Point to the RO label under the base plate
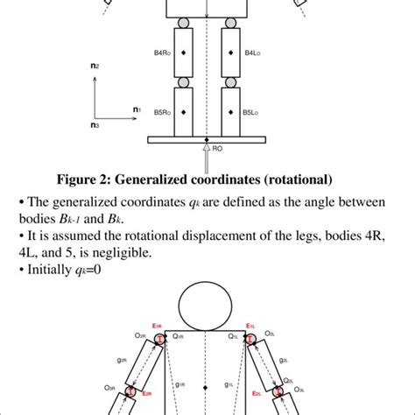[x=217, y=149]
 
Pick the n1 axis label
[x=137, y=109]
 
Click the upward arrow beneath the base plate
[x=207, y=152]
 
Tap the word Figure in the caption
[x=81, y=179]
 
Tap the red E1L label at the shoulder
[x=250, y=326]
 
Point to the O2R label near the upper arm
[x=138, y=335]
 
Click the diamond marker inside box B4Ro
[x=183, y=53]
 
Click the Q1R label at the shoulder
[x=178, y=335]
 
